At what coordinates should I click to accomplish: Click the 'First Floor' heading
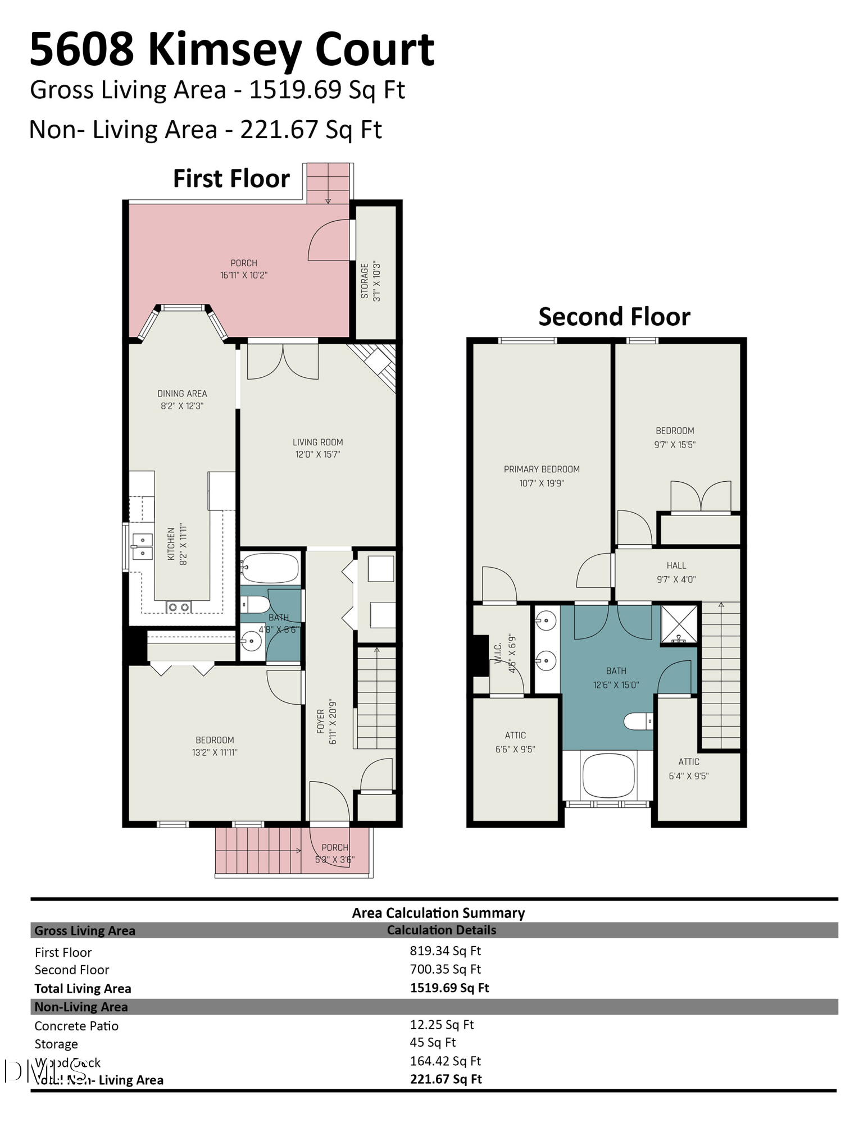231,179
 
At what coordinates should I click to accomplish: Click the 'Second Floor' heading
614,317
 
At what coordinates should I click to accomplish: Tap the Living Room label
317,442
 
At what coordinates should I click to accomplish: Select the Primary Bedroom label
542,469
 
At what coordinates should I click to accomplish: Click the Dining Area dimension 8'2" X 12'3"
182,406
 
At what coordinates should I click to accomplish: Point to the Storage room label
365,281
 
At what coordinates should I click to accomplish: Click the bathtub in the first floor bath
270,568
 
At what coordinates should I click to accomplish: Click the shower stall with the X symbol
679,624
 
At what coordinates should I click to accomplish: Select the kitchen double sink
143,546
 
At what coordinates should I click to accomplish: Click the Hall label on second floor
676,565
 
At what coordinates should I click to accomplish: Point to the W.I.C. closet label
498,654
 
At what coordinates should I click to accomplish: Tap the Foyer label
320,721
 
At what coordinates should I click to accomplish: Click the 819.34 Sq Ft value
445,951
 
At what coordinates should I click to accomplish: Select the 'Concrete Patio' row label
76,1026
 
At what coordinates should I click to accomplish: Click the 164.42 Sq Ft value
445,1061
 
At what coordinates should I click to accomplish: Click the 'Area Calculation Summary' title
438,913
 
